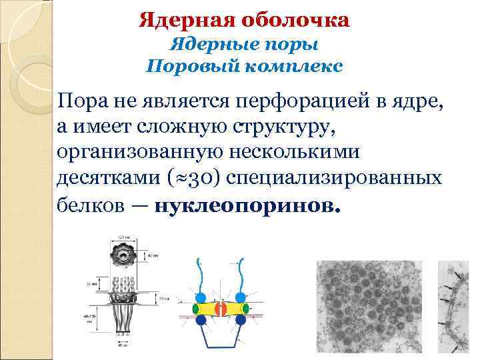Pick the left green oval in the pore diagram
click(x=195, y=309)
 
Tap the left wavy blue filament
click(x=202, y=274)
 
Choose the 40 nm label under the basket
click(x=123, y=345)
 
